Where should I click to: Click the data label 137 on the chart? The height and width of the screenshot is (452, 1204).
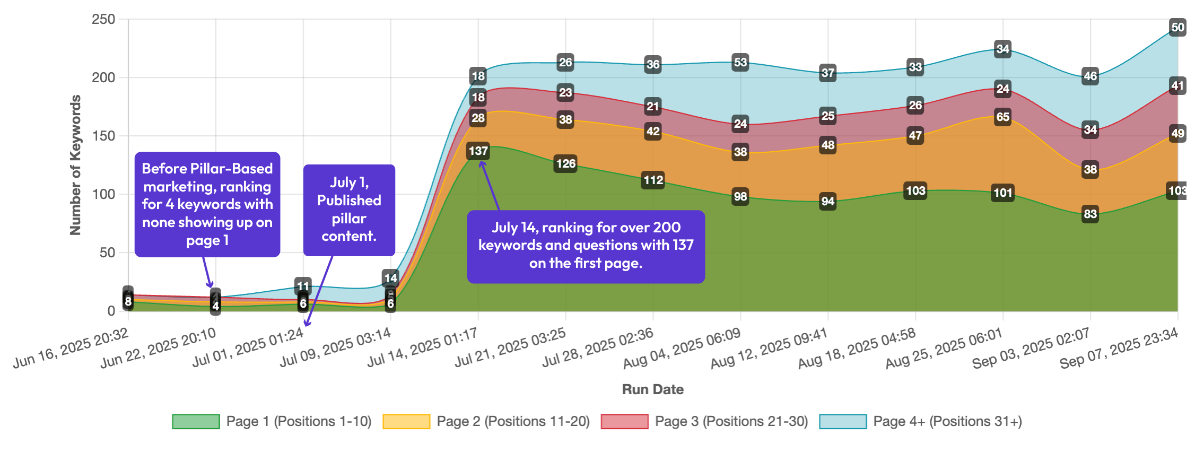pos(478,151)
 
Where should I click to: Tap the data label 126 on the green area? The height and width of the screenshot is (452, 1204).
pos(565,163)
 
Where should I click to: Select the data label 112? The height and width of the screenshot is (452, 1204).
pos(653,180)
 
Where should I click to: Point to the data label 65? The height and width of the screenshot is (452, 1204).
pos(1002,117)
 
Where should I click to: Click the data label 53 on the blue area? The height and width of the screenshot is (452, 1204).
pos(740,63)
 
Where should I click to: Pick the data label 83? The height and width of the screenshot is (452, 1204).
pos(1090,214)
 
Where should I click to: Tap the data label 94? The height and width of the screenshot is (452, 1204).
pos(828,202)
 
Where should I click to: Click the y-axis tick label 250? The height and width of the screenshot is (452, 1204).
pos(103,20)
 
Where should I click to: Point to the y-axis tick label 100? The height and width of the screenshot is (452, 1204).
pos(103,195)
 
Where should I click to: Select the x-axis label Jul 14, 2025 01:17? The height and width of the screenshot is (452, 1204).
pos(423,347)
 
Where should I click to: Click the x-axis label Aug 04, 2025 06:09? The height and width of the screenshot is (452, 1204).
pos(682,347)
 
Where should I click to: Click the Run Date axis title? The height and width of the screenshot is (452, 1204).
pos(652,389)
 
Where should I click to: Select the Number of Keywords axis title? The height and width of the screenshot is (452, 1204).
pos(75,165)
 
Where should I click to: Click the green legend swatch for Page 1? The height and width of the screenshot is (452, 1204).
pos(196,422)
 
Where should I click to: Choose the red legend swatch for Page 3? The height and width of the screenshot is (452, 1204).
pos(624,422)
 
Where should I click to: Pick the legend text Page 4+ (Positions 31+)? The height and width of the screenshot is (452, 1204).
pos(947,422)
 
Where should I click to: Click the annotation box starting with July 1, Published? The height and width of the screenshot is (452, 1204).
pos(349,210)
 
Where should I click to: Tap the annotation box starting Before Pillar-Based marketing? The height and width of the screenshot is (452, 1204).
pos(207,204)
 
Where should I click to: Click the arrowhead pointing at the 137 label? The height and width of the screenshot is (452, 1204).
pos(482,163)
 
